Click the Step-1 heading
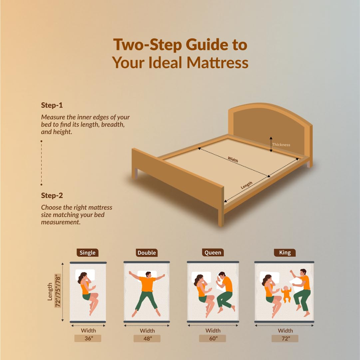52,105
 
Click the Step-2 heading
52,196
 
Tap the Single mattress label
88,253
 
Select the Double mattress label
147,253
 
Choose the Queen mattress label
213,252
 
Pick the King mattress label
285,252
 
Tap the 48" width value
148,339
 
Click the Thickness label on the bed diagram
281,145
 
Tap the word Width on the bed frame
233,159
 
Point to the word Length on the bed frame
246,185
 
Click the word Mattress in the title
217,62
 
